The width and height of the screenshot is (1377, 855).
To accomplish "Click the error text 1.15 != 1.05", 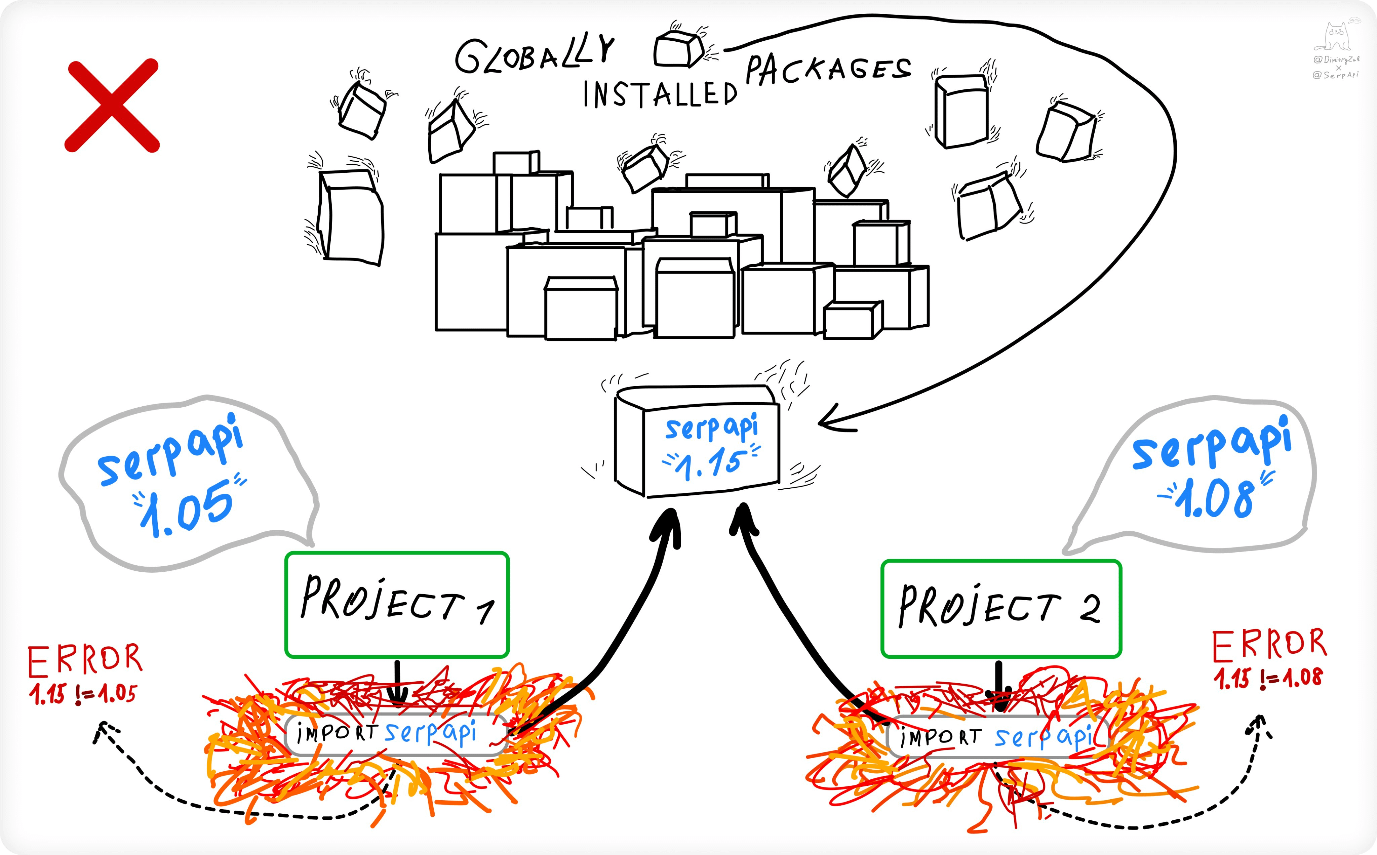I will [x=83, y=694].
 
